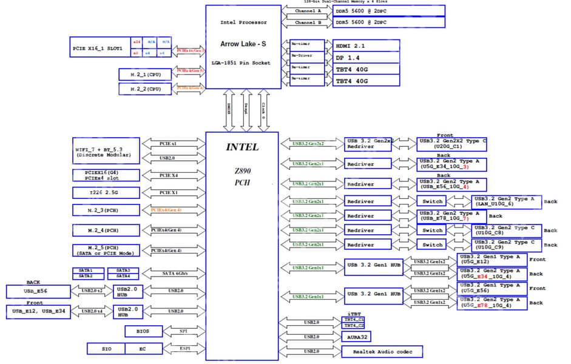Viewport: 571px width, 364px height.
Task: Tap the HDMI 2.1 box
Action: click(366, 45)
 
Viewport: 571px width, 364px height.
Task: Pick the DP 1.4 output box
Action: click(366, 57)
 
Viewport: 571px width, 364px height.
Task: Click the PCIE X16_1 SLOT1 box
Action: click(97, 48)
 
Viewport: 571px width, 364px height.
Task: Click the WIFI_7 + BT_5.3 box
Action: click(106, 151)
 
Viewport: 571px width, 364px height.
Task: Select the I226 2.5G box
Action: click(106, 192)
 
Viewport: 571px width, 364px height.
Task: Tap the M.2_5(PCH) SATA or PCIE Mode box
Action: click(106, 251)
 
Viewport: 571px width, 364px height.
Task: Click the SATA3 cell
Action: click(123, 270)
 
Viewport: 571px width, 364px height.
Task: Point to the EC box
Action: click(144, 348)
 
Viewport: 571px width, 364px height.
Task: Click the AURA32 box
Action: click(357, 337)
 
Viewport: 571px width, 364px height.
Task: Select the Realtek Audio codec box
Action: click(382, 351)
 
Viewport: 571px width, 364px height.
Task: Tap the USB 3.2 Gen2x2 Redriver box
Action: click(368, 144)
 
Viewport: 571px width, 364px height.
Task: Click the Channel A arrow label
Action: click(308, 11)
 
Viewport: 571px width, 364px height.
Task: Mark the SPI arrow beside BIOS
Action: click(184, 331)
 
